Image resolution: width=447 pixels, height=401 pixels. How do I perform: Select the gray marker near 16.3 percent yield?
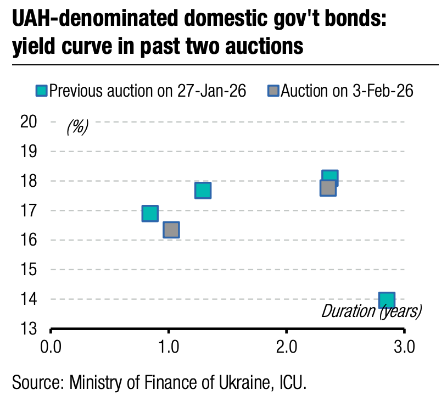coord(171,230)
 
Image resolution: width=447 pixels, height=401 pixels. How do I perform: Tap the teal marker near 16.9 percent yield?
coord(150,213)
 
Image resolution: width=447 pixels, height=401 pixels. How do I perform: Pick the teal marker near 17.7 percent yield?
coord(203,190)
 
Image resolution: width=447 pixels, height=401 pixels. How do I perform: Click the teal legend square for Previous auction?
coord(42,91)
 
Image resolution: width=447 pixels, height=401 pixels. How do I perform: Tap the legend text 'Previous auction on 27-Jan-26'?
coord(148,91)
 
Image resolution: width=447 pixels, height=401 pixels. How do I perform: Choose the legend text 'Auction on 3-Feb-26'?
coord(347,91)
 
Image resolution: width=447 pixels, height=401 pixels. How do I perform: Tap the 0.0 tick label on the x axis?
coord(51,348)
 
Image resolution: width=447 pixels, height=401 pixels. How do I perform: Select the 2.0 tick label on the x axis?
coord(286,348)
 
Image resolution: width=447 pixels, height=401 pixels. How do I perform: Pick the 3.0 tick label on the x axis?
coord(404,348)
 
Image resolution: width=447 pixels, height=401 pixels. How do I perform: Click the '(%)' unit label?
coord(77,127)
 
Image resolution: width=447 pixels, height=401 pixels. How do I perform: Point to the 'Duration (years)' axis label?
coord(371,311)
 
